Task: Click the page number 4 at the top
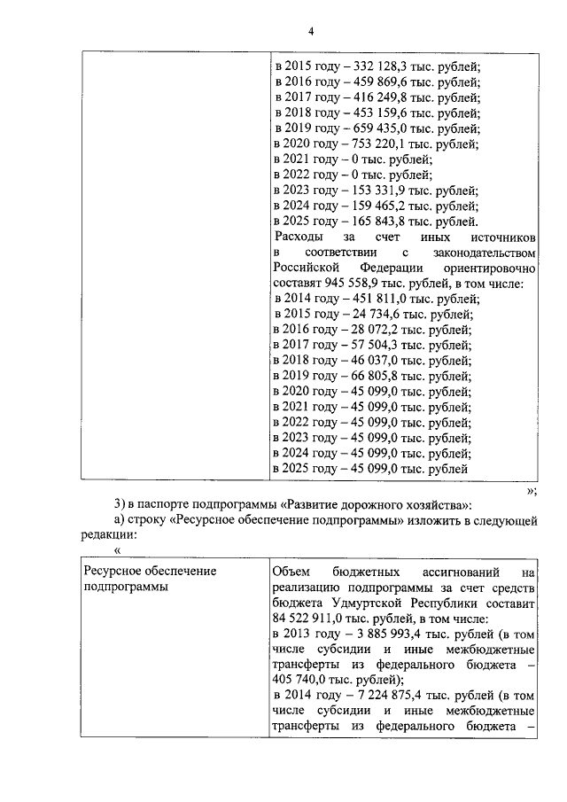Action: click(x=311, y=32)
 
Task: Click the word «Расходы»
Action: click(x=300, y=237)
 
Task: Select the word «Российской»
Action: click(x=306, y=269)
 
